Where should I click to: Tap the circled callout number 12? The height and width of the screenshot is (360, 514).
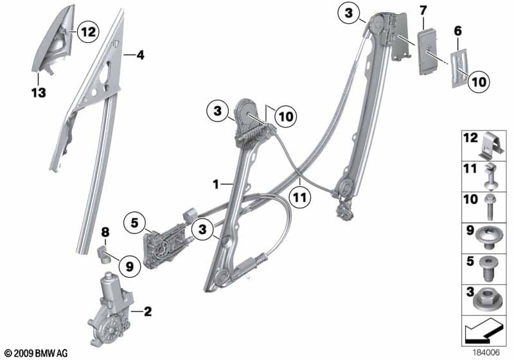click(88, 32)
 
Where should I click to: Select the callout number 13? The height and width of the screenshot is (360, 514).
click(39, 93)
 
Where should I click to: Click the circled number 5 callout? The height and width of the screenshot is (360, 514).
click(134, 223)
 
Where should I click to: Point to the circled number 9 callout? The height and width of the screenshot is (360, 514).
click(130, 267)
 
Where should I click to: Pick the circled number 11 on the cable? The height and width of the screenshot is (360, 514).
click(300, 197)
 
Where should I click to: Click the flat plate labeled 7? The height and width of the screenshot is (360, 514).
click(427, 51)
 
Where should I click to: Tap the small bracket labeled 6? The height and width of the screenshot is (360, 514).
click(460, 69)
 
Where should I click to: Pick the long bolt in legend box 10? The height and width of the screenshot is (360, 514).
click(490, 207)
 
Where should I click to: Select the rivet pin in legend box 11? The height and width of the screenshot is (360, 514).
click(490, 176)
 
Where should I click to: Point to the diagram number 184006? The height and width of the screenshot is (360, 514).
click(486, 352)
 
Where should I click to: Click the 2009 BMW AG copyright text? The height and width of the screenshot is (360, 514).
click(37, 354)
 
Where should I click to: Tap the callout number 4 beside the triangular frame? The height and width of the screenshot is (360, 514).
click(140, 55)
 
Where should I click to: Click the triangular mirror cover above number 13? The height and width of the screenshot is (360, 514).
click(53, 39)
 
